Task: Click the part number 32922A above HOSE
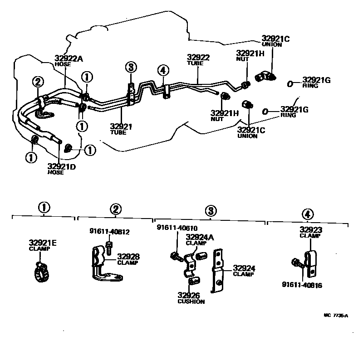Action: click(x=69, y=58)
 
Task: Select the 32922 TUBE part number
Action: click(x=198, y=58)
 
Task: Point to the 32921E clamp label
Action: click(x=43, y=244)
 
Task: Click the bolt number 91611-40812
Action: click(x=109, y=232)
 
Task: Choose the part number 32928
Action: click(x=128, y=257)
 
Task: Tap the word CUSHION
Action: click(x=191, y=302)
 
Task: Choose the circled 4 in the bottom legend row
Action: click(x=307, y=214)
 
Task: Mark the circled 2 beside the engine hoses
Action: click(x=38, y=82)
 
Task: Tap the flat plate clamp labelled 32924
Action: click(x=218, y=270)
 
